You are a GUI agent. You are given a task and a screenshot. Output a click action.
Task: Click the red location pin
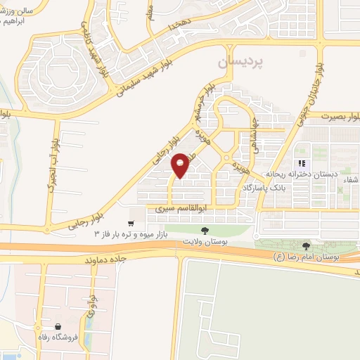tap(181, 165)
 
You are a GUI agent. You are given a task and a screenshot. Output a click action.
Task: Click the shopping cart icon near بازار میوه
tap(131, 223)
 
